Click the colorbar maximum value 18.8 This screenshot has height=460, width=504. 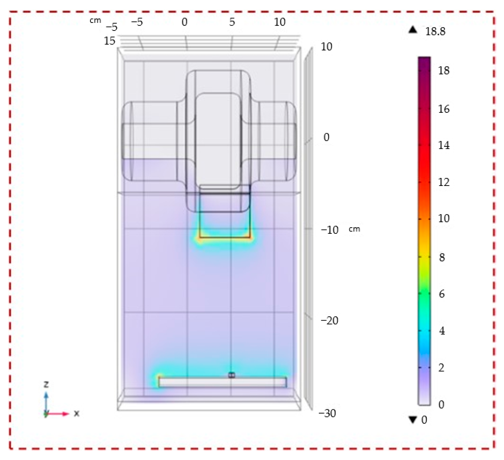(435, 32)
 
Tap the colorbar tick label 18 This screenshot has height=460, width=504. (444, 71)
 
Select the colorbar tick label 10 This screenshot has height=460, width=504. (444, 218)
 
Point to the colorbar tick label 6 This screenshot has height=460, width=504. (442, 294)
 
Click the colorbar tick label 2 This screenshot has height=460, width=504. (442, 368)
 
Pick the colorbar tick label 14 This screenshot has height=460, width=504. (444, 145)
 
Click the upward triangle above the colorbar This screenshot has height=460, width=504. (413, 30)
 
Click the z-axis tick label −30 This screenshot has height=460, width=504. (327, 413)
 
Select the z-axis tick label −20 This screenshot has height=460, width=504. (329, 321)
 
